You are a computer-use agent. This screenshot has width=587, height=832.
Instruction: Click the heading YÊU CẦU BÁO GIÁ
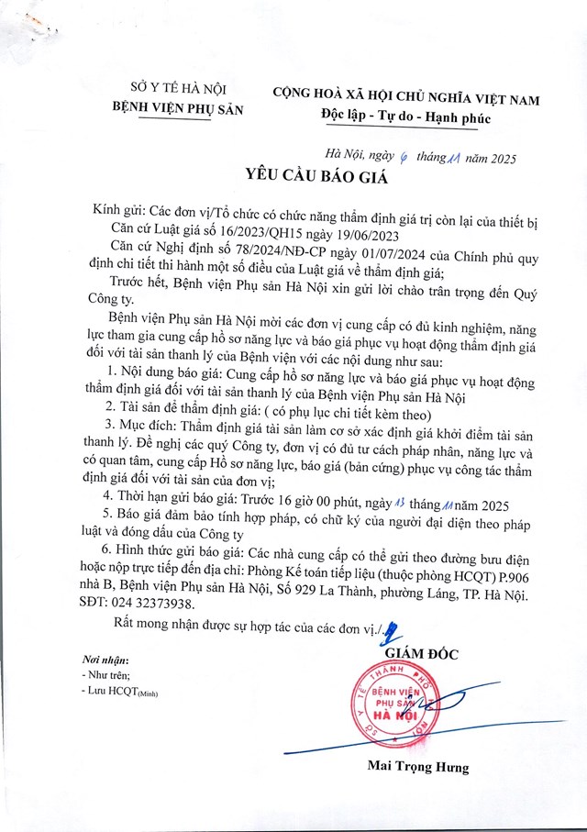point(293,176)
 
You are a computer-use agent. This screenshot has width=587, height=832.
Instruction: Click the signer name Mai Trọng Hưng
point(418,766)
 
